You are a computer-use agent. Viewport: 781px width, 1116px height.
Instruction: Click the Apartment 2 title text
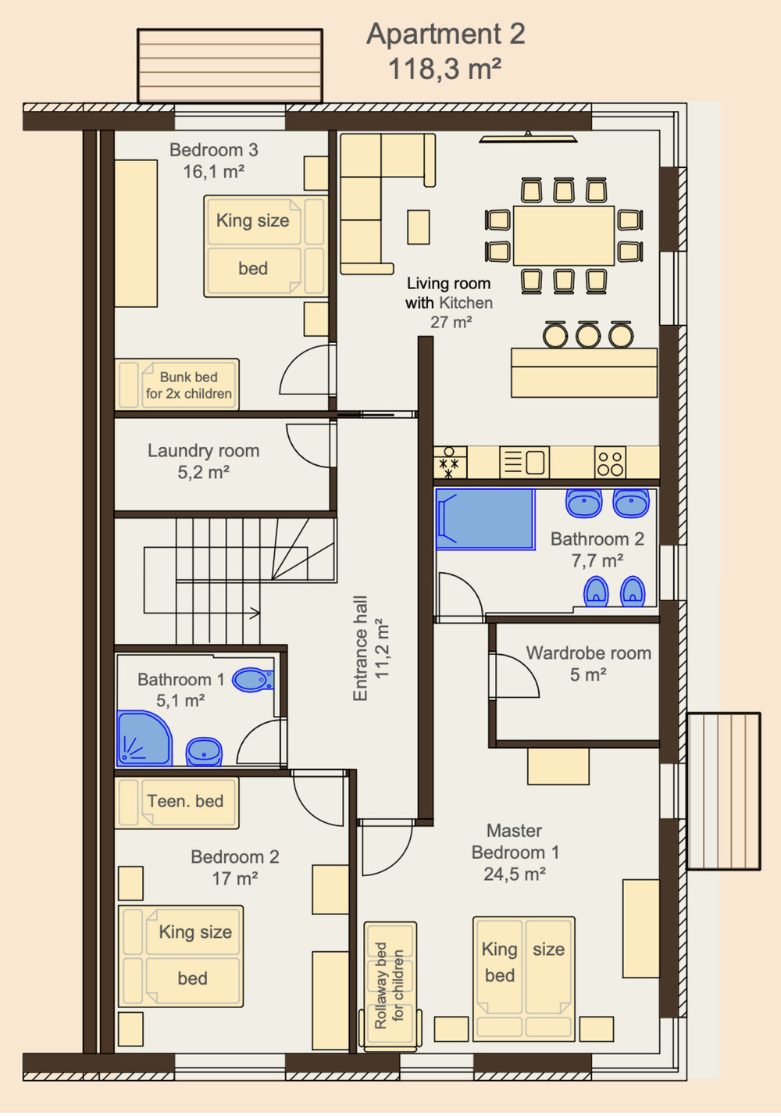(445, 34)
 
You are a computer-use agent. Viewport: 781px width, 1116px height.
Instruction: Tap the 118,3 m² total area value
(444, 69)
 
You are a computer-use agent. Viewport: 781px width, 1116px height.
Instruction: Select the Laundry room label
(203, 450)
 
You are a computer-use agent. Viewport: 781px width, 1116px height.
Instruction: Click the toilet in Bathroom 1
(253, 680)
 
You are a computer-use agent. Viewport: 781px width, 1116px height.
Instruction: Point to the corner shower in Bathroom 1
(144, 739)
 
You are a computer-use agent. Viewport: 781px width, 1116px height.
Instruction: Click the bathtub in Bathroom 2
(485, 519)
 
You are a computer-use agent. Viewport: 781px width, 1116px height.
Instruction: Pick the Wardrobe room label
(588, 653)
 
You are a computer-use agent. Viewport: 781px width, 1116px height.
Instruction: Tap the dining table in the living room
(563, 235)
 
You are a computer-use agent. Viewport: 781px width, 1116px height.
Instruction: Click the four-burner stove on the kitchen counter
(610, 463)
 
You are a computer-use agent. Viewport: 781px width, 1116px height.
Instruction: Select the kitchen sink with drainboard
(525, 462)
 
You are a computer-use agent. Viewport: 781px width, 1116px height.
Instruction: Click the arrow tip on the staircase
(259, 612)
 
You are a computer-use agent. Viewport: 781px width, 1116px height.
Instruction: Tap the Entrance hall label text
(360, 648)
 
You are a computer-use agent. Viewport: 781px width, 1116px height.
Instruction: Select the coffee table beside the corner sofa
(418, 227)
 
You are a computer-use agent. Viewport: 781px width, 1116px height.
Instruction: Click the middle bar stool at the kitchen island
(588, 334)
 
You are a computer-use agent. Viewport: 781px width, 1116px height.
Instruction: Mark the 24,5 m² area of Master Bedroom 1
(515, 874)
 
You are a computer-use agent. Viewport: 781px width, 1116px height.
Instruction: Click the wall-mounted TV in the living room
(528, 138)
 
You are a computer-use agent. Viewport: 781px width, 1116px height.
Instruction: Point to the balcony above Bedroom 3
(230, 66)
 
